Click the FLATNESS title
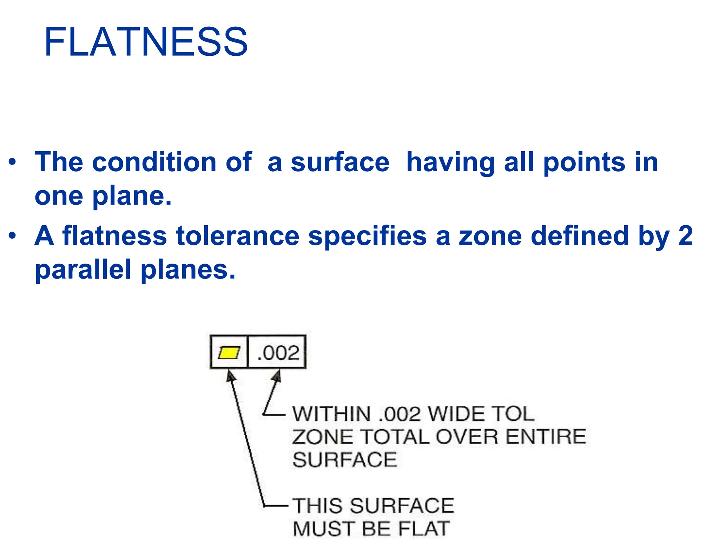point(146,42)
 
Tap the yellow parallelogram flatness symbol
point(229,352)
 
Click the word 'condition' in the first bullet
point(154,162)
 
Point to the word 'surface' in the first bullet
point(340,162)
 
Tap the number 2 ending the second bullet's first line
point(685,236)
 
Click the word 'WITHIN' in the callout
point(332,414)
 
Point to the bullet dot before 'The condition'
point(13,163)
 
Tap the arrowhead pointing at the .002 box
point(277,376)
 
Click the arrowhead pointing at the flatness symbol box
point(231,376)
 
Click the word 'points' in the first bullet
point(584,162)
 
